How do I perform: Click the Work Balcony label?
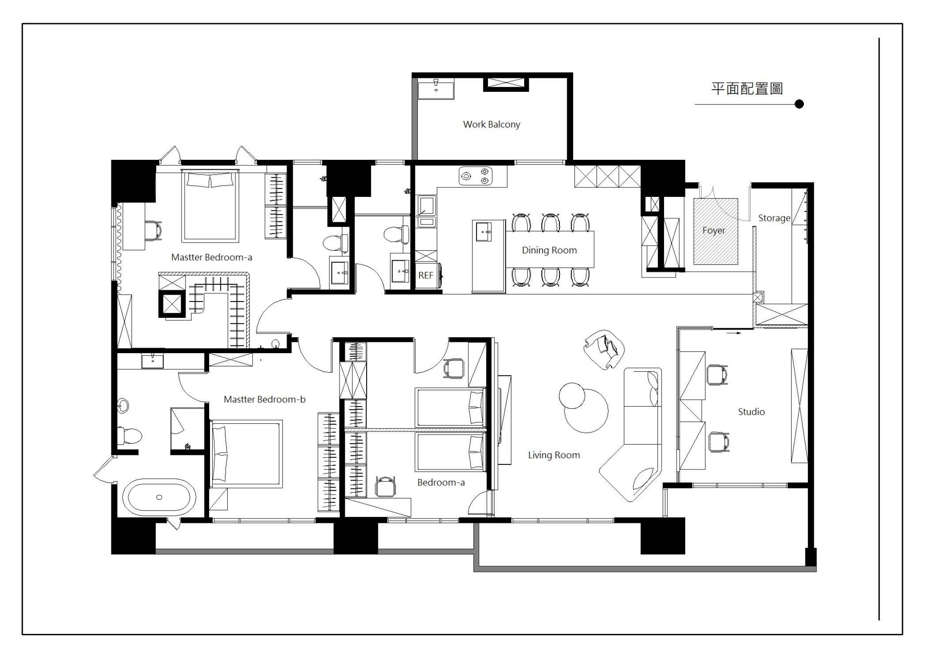pos(492,124)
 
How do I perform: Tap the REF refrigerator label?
pos(425,275)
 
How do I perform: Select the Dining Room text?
pos(549,250)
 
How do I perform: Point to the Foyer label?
pos(714,230)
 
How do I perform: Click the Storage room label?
pos(774,218)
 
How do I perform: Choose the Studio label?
pos(751,412)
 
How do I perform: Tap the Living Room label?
pos(554,455)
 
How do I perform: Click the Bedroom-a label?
pos(441,483)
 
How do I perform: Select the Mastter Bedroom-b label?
pos(264,399)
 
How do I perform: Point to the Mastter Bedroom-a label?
pos(211,258)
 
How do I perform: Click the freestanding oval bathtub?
pos(160,497)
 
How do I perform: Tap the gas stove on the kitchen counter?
pos(475,177)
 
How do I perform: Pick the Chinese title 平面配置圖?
pos(747,89)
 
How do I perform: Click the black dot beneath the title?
pos(799,104)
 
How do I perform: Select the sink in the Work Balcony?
pos(436,89)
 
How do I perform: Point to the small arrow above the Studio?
pos(734,333)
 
